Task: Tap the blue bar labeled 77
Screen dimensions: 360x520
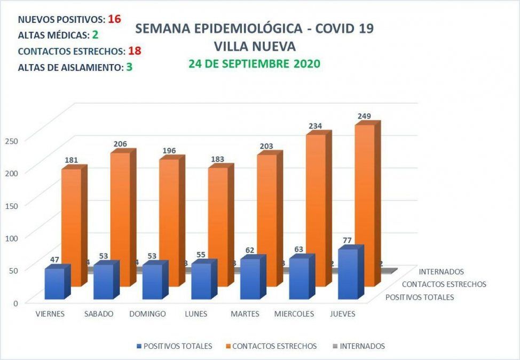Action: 348,273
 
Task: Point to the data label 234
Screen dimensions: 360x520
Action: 316,126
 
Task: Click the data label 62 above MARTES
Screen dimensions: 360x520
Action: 249,250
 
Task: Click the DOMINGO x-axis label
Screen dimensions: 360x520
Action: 147,314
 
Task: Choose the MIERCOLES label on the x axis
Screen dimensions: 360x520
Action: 295,314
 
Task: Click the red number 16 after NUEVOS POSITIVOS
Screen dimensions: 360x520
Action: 114,19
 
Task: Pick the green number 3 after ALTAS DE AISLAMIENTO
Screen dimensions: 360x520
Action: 129,68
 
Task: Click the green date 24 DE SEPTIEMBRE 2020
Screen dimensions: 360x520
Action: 254,64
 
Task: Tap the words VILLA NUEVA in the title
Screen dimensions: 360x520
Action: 254,46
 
